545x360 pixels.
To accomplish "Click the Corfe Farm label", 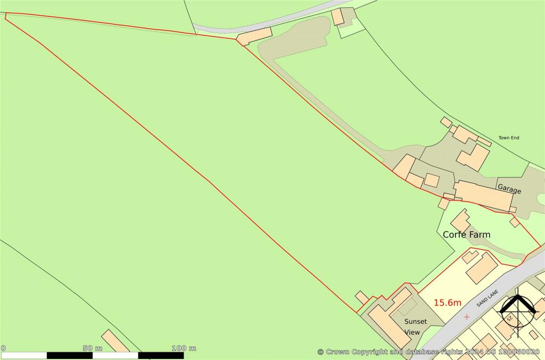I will (x=466, y=235).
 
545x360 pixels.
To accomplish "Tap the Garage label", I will (x=509, y=189).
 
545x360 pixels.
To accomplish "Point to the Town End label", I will (x=508, y=138).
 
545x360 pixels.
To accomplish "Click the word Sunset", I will (x=415, y=322).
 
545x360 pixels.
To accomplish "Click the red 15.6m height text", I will (x=447, y=303).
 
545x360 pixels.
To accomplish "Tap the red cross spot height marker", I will (x=467, y=317).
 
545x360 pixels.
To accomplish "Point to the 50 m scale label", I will (x=92, y=348).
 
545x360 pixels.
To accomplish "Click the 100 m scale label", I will (x=184, y=348).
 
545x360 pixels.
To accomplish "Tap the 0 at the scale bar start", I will (x=3, y=348).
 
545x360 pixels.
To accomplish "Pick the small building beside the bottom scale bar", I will (x=115, y=341).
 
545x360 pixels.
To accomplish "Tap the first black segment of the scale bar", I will (x=70, y=355).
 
